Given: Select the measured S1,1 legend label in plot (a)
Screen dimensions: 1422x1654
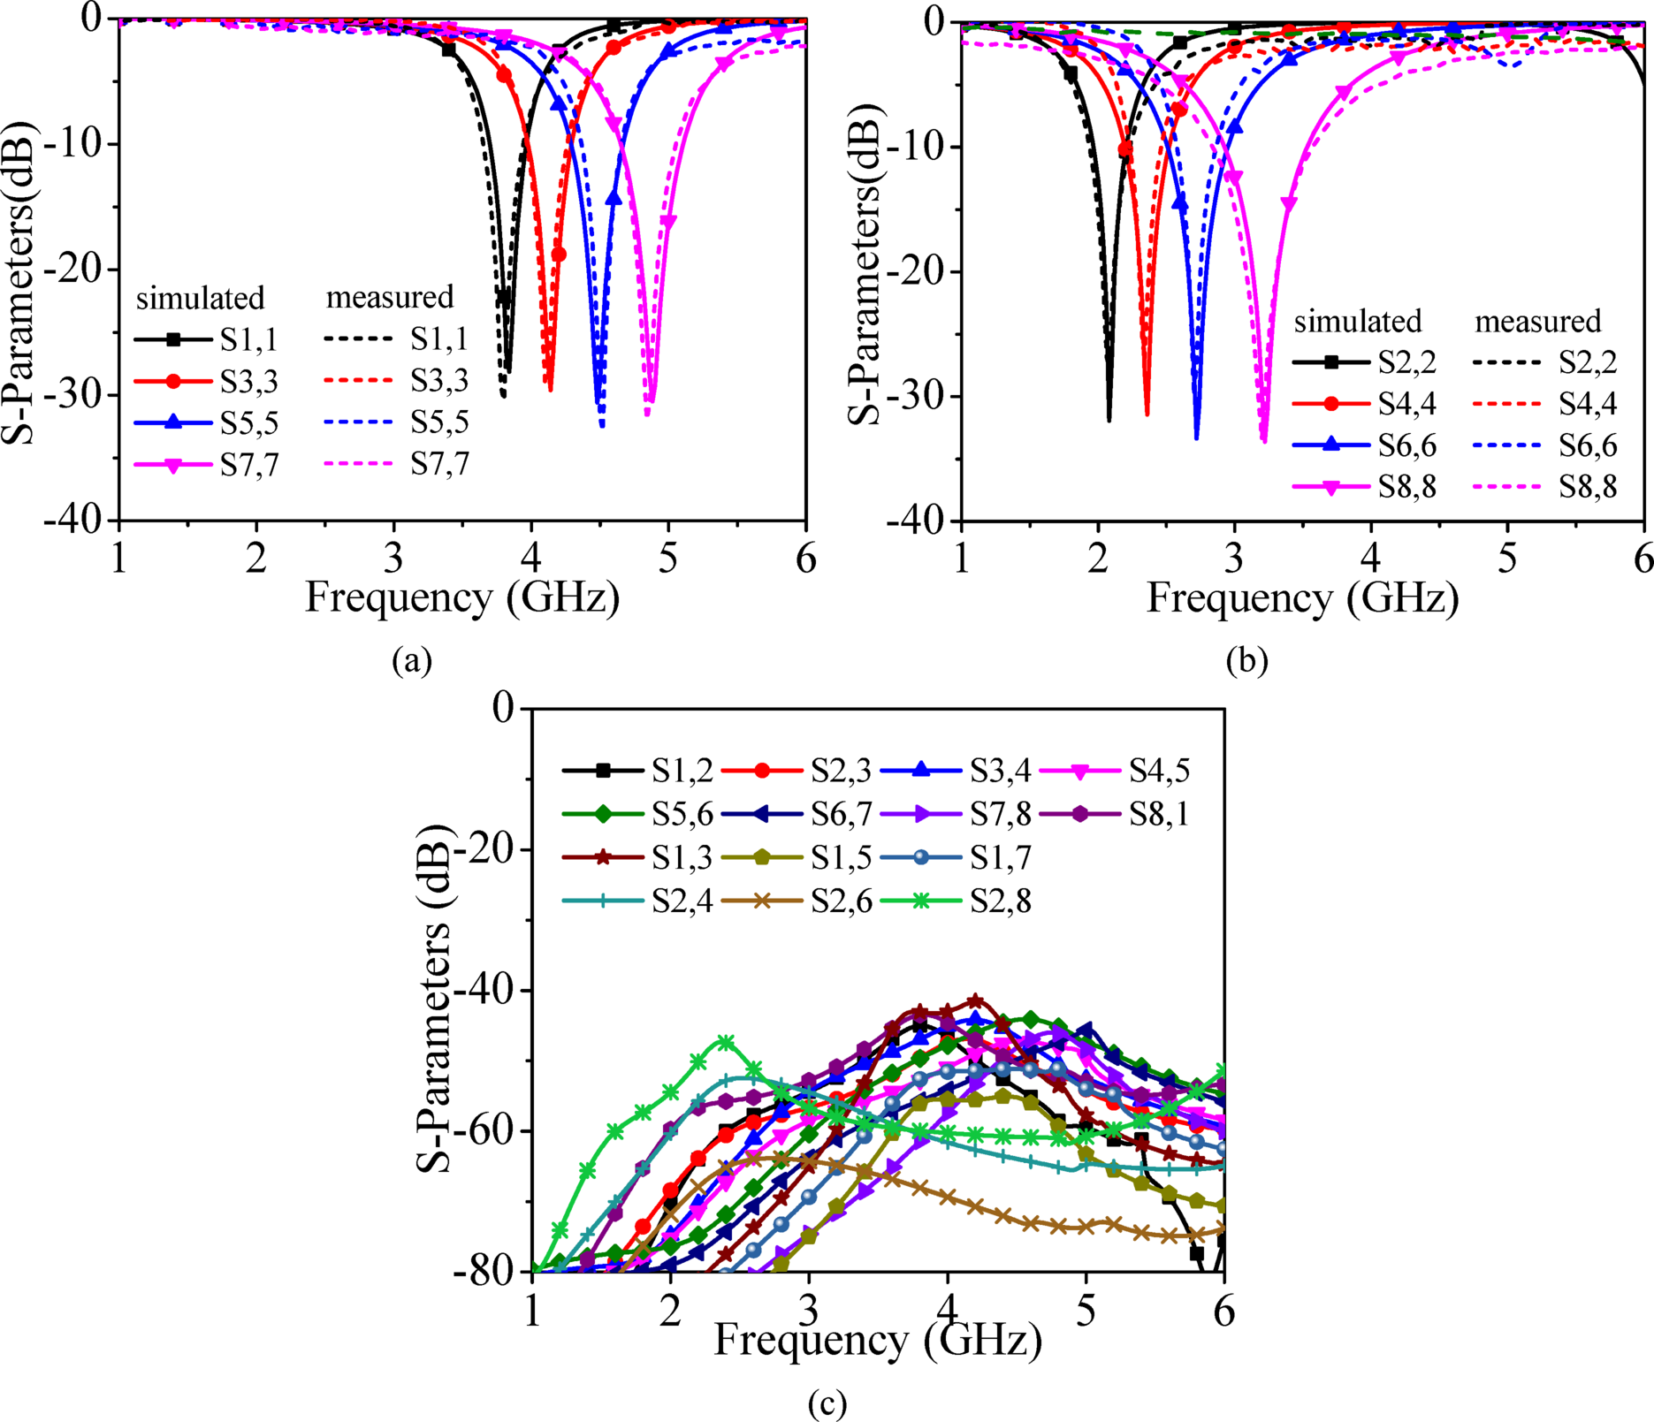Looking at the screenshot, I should (x=439, y=338).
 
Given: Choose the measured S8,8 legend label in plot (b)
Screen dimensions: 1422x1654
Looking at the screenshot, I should (x=1588, y=487).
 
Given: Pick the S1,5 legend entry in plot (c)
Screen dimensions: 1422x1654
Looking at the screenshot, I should (x=841, y=857).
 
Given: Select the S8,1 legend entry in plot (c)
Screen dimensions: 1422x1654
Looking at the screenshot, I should (x=1159, y=813).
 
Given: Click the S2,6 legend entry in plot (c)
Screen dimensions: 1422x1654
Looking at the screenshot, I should (x=841, y=901).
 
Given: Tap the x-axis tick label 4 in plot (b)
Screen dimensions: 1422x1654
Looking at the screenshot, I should (x=1370, y=559).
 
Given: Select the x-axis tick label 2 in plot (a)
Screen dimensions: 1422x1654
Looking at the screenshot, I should (x=256, y=559).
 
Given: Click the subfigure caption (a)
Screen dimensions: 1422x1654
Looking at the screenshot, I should (x=412, y=660).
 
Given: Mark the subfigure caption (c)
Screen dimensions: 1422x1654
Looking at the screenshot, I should (x=827, y=1403).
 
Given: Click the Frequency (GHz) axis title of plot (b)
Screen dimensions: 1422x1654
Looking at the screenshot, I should (x=1302, y=598).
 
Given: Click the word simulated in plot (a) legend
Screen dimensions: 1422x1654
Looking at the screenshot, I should (x=200, y=298).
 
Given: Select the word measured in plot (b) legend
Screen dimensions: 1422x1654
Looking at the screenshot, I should (x=1537, y=321).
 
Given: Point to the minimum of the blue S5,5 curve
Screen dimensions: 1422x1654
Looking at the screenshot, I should (x=601, y=425).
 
